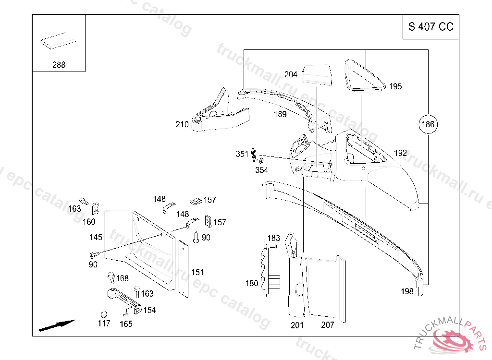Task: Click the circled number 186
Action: [428, 125]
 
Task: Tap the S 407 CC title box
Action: [430, 27]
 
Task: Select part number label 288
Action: [59, 65]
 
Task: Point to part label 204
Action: [291, 74]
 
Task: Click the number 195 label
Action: [395, 86]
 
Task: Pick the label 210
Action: [182, 125]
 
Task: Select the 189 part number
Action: [280, 114]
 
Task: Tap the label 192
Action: [400, 153]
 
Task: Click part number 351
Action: [242, 154]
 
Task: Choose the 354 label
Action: [262, 170]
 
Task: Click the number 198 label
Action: [407, 291]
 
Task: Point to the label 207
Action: [327, 324]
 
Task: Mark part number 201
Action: [297, 324]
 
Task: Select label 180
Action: [252, 283]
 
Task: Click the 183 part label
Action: [273, 238]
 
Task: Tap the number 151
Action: [197, 272]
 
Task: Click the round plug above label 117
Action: [103, 314]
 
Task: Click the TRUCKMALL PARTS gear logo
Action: [454, 339]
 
